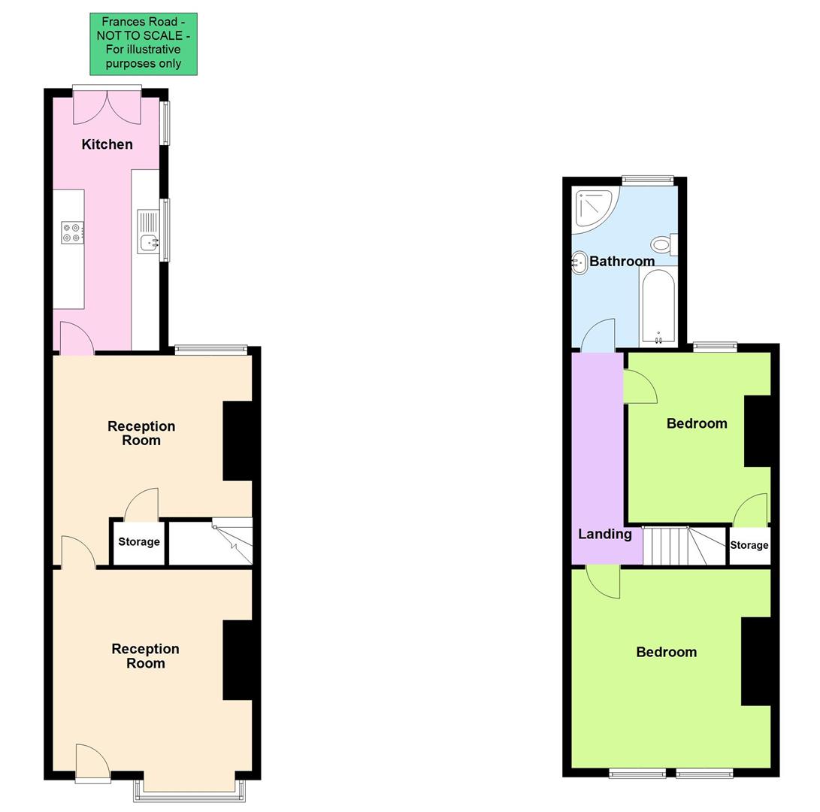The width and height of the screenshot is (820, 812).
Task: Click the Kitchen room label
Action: [x=107, y=144]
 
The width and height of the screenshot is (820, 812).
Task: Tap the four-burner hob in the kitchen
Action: [x=72, y=233]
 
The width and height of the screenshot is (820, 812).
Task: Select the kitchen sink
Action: [x=149, y=241]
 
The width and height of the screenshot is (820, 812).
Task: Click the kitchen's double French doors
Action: [x=107, y=108]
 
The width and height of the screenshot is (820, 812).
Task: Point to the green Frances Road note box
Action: [x=144, y=44]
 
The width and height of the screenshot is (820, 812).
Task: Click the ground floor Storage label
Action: [x=139, y=541]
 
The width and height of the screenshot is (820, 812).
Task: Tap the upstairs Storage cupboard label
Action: [x=749, y=545]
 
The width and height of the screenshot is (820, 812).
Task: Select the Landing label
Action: [x=604, y=534]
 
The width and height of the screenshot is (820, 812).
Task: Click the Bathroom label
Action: [x=622, y=261]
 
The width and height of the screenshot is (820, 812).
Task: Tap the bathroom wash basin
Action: [x=579, y=262]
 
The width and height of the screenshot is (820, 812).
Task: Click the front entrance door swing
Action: [x=92, y=761]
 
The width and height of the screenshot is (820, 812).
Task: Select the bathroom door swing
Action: [x=600, y=335]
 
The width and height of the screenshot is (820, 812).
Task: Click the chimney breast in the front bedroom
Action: [x=756, y=661]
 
